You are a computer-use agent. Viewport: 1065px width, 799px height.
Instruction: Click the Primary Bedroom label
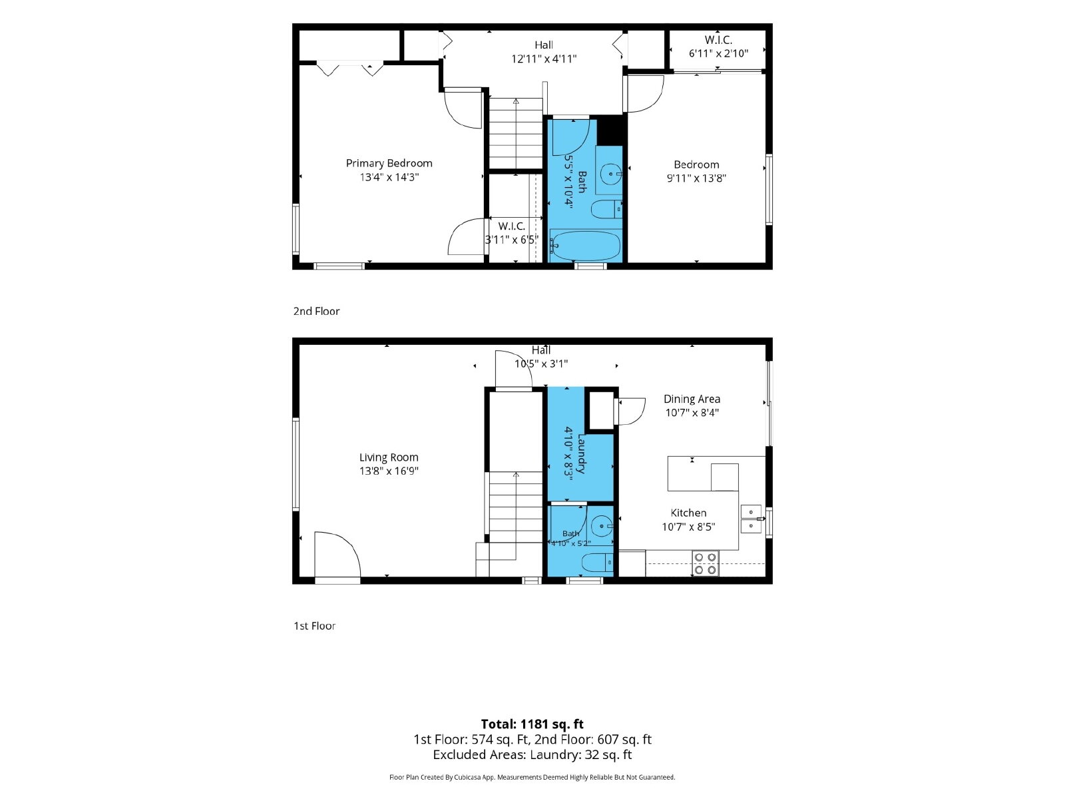pos(389,163)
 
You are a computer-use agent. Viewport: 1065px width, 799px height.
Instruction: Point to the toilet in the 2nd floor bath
pos(606,210)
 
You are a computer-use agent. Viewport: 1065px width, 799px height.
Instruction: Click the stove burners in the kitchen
pos(705,563)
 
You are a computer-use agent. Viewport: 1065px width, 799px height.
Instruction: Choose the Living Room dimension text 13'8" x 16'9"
pos(389,471)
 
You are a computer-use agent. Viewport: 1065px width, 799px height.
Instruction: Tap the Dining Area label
pos(692,399)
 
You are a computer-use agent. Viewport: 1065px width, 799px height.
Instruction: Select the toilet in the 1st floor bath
pos(597,563)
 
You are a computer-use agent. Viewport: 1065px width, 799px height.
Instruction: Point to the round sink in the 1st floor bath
pos(602,525)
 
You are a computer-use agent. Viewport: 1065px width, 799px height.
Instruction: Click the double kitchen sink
pos(751,519)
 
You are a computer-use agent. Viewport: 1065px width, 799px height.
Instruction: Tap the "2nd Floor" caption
pos(316,311)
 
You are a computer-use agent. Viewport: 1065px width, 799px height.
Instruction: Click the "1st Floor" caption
pos(314,626)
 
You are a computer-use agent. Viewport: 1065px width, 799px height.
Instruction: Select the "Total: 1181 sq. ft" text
pos(532,724)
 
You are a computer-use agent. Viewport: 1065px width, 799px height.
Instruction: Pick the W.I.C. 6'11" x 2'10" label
pos(718,47)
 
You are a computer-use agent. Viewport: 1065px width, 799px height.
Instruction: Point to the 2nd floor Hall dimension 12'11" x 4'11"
pos(543,59)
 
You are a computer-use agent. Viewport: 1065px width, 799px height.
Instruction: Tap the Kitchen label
pos(688,513)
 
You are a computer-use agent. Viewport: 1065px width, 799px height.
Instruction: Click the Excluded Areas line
pos(532,754)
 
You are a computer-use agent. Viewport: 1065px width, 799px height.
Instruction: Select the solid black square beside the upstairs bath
pos(610,130)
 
